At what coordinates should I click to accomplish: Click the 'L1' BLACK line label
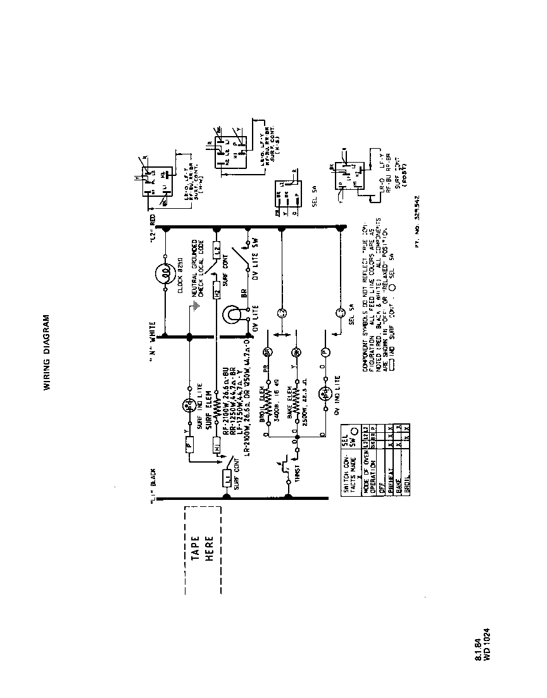153,487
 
